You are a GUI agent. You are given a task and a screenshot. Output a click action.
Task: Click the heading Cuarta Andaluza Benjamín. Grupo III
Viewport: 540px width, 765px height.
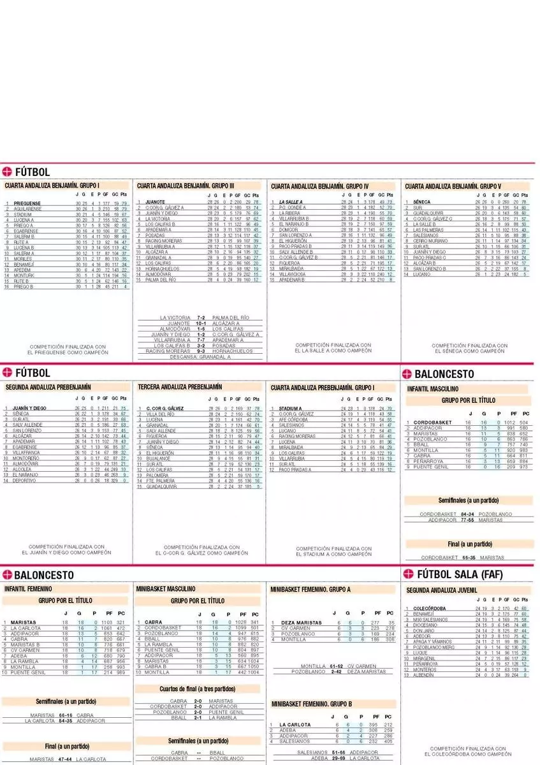click(x=187, y=186)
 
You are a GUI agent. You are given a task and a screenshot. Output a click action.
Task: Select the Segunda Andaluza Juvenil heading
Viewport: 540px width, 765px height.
click(x=442, y=590)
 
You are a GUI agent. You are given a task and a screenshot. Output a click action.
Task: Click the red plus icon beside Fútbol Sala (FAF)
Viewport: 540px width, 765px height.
click(x=407, y=574)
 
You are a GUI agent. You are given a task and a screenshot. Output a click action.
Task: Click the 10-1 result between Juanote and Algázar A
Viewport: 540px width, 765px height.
click(x=200, y=323)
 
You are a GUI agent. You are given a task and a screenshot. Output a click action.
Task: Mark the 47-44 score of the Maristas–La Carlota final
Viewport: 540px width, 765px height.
click(x=65, y=759)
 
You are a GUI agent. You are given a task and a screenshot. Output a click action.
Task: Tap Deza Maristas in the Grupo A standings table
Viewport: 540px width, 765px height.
click(x=301, y=622)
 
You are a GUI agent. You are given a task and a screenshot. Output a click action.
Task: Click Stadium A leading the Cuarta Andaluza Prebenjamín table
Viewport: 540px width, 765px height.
click(x=290, y=408)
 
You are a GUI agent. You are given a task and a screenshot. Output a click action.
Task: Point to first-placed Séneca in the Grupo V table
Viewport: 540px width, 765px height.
click(x=421, y=202)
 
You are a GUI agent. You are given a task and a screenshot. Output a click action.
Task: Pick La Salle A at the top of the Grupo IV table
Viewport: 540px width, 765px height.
click(x=290, y=202)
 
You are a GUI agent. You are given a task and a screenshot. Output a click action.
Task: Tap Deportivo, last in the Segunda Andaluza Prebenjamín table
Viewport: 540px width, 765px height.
click(x=24, y=481)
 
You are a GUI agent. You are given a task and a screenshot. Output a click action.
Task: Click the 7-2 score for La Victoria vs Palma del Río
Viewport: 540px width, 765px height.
click(x=200, y=317)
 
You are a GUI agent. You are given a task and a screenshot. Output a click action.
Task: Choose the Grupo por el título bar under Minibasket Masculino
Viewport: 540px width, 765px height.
click(x=198, y=601)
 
